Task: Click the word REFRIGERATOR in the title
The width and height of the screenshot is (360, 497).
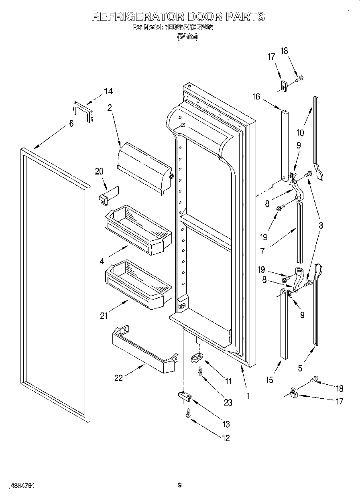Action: coord(138,17)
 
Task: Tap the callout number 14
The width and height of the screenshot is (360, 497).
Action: coord(108,91)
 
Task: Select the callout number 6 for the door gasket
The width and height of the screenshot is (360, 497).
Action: coord(71,124)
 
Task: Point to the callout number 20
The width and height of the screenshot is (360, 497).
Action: coord(99,171)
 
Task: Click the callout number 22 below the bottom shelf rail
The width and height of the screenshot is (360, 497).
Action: coord(118,378)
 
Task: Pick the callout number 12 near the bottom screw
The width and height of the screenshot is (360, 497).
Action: coord(226,438)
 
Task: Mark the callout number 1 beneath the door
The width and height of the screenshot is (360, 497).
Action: coord(248,396)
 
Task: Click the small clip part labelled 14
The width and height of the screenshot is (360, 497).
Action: coord(83,112)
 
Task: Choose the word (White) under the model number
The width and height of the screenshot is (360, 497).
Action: coord(187,37)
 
